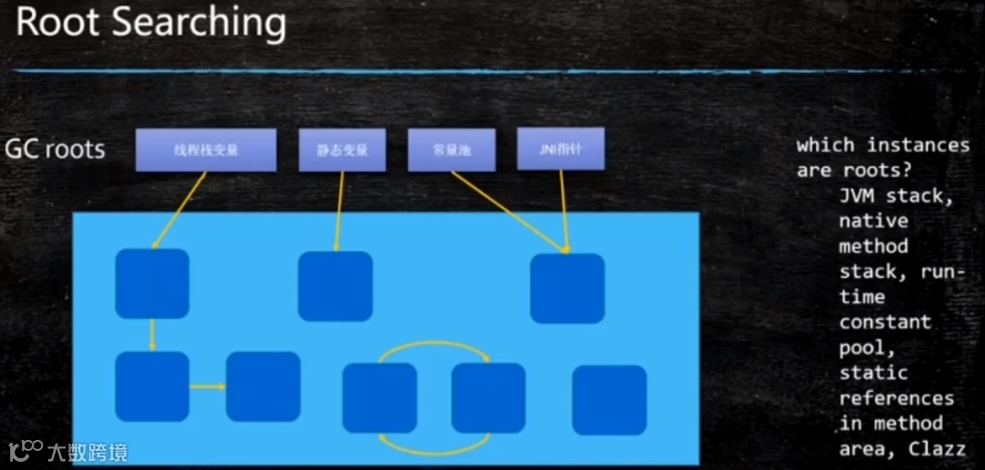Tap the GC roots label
pyautogui.click(x=55, y=148)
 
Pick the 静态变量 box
pyautogui.click(x=343, y=150)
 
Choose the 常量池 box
pyautogui.click(x=451, y=150)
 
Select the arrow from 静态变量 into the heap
pyautogui.click(x=339, y=209)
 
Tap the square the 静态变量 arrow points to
pyautogui.click(x=336, y=286)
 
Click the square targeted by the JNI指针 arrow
pyautogui.click(x=567, y=288)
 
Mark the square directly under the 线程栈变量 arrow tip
pyautogui.click(x=152, y=283)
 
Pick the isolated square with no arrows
pyautogui.click(x=608, y=400)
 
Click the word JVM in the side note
pyautogui.click(x=859, y=195)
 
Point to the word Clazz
pyautogui.click(x=932, y=449)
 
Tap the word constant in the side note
pyautogui.click(x=872, y=322)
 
